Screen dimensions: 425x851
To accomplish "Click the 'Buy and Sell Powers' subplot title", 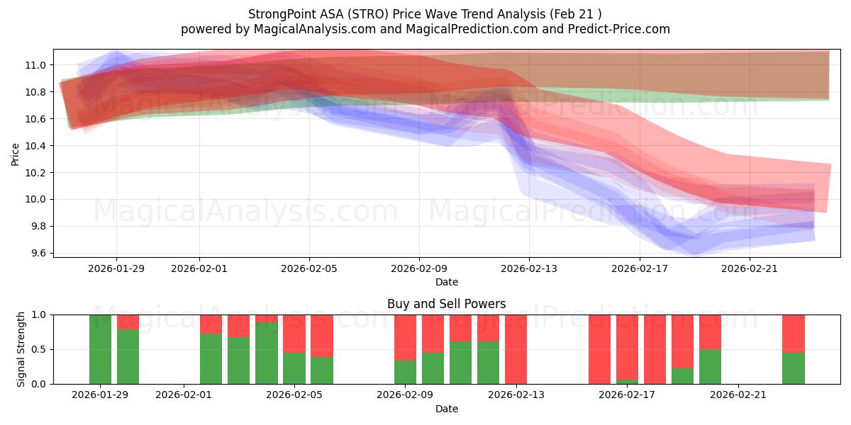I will (x=446, y=304).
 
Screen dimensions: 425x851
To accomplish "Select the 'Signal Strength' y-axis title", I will (x=21, y=349).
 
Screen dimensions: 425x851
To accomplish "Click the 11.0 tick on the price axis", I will (x=35, y=65).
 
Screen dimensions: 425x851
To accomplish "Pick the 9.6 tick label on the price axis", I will (x=38, y=253).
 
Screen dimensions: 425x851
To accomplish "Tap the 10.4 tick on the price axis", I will (x=35, y=146).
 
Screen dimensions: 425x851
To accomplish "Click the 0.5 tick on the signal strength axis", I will (x=38, y=349).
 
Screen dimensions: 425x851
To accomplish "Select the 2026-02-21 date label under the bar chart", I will (x=739, y=395).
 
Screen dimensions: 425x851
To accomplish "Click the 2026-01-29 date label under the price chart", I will (x=116, y=268).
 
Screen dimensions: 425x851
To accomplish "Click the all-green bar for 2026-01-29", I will (x=100, y=349).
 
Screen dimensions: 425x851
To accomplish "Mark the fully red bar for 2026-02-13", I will (x=516, y=349).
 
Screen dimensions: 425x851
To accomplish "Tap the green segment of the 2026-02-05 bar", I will (x=294, y=368).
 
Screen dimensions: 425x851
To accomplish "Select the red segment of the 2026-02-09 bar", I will (x=405, y=337).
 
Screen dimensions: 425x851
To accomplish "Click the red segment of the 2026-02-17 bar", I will (x=627, y=347).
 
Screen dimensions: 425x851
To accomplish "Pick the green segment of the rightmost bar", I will (x=793, y=368).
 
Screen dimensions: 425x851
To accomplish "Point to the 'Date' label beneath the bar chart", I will (x=446, y=409).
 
